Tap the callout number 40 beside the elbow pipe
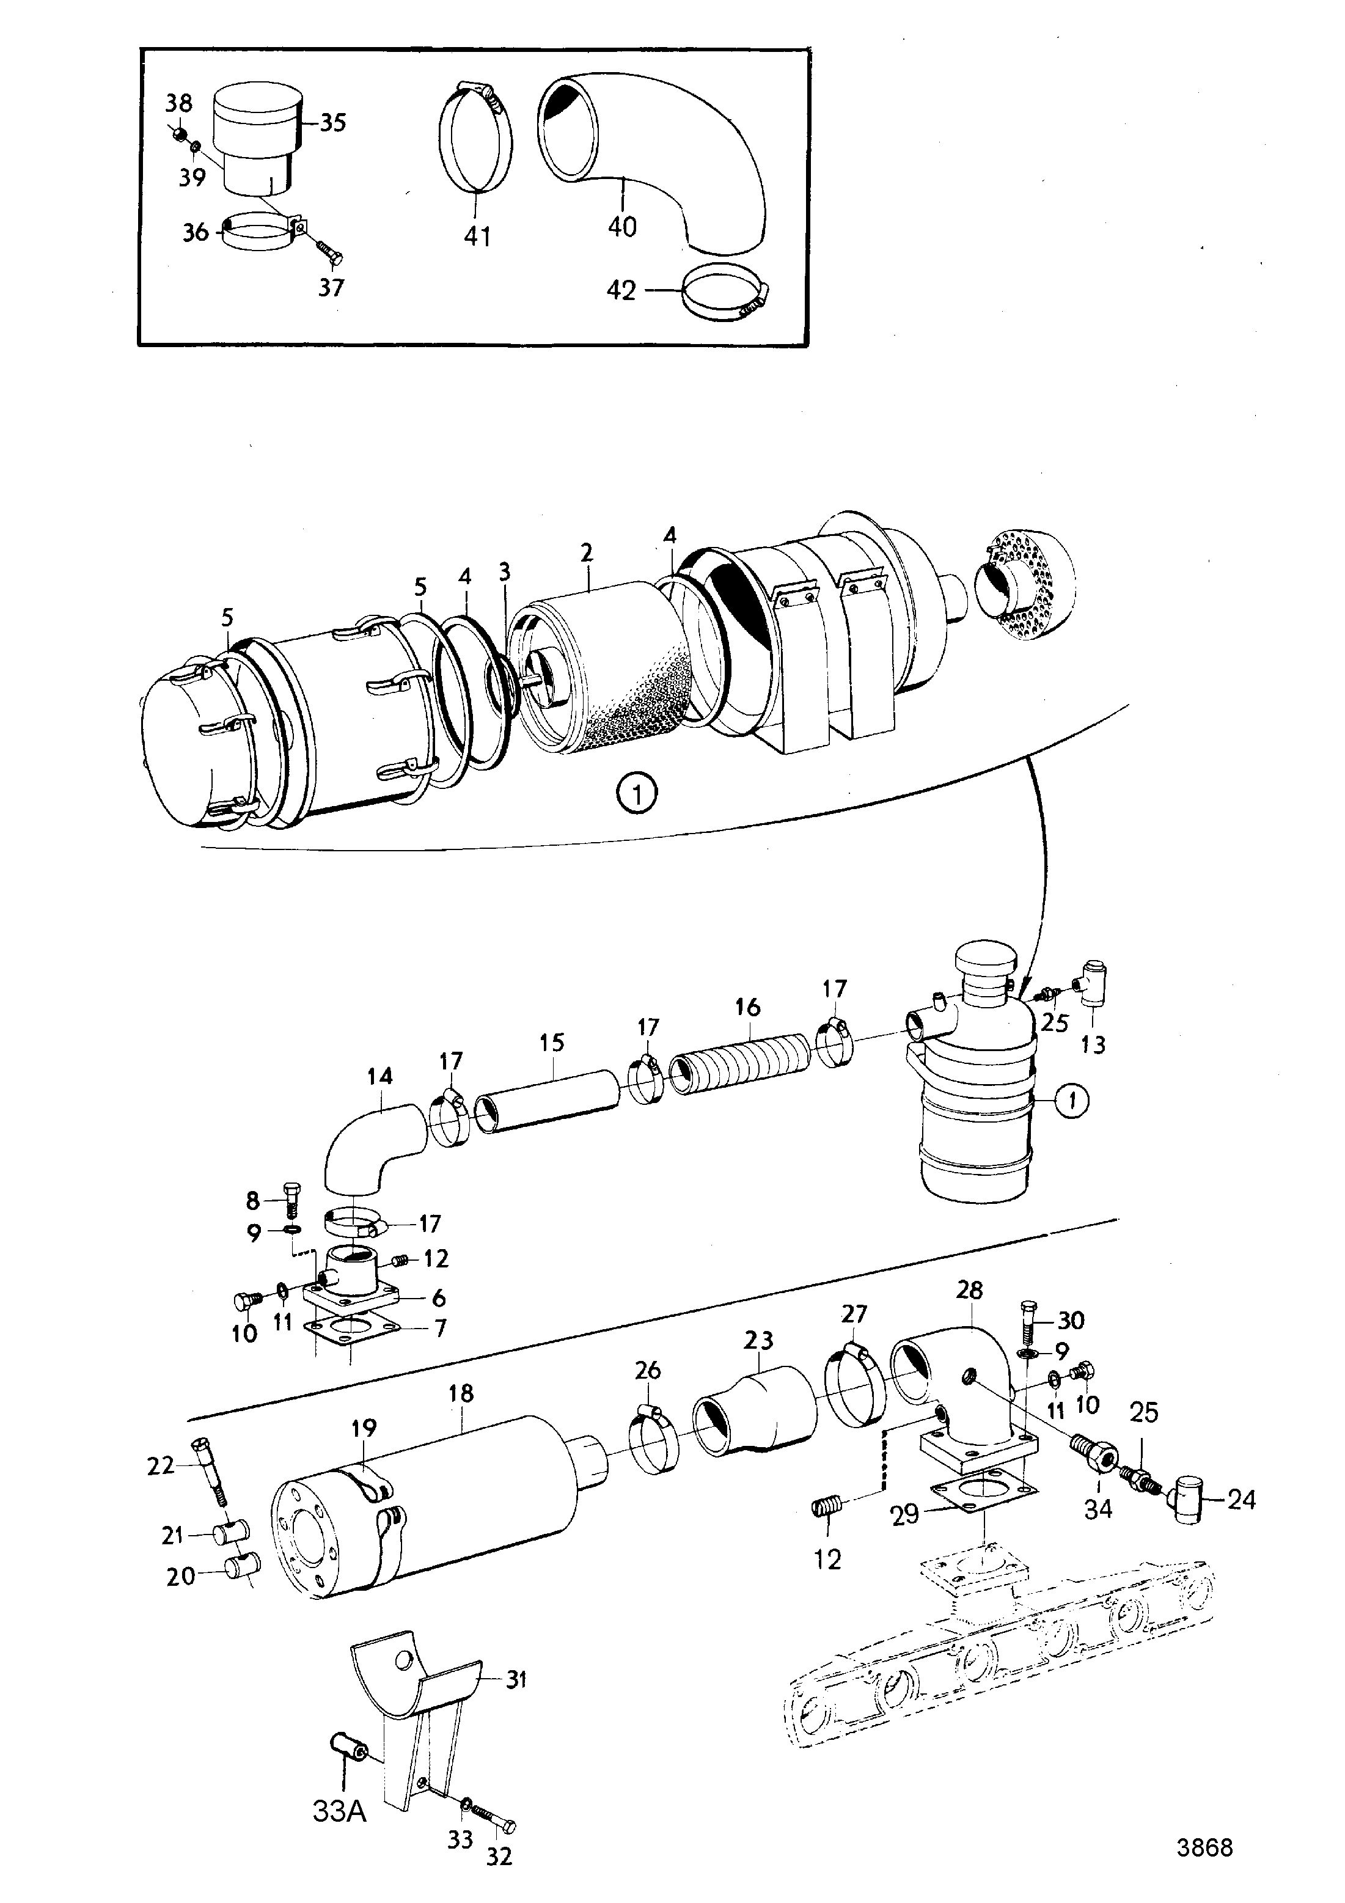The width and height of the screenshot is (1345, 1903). (621, 226)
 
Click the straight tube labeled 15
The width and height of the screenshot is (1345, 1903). (549, 1101)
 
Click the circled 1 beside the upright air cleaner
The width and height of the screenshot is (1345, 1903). (1073, 1101)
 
